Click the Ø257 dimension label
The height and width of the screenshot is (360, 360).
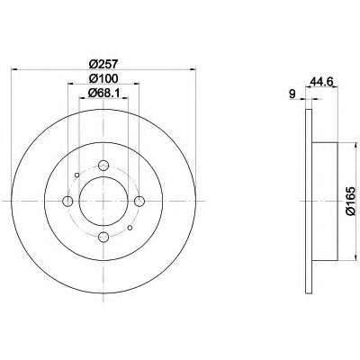coord(103,64)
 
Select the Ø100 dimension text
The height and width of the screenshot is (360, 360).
coord(103,78)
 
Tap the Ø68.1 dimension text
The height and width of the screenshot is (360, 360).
coord(103,94)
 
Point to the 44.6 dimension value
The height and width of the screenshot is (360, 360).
coord(322,82)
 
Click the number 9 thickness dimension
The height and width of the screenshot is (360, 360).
coord(292,94)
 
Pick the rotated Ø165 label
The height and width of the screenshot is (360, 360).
coord(350,201)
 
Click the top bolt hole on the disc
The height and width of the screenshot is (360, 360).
coord(103,165)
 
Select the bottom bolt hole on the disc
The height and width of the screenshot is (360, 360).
coord(103,237)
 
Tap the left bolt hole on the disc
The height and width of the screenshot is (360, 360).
coord(67,201)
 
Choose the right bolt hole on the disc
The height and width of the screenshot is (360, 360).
coord(139,201)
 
